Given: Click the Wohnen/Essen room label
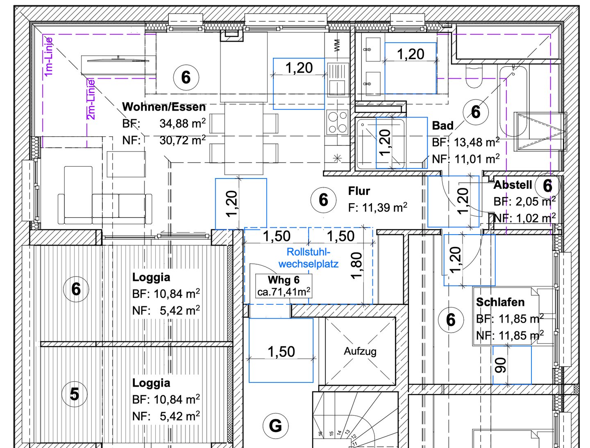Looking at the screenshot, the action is (164, 107).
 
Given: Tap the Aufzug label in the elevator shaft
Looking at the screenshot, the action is (360, 351).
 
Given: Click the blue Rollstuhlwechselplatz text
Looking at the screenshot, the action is (308, 258).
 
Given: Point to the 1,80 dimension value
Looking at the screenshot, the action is (357, 266).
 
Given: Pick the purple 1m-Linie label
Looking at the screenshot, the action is (49, 57).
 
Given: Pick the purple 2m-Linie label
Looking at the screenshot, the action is (91, 100).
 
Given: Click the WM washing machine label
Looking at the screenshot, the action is (337, 45).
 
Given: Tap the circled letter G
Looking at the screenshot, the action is (275, 426).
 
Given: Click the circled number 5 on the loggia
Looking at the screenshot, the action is (75, 394).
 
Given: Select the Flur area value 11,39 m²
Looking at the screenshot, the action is (378, 207).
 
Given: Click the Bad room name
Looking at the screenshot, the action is (442, 125).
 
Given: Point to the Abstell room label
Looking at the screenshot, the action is (513, 185).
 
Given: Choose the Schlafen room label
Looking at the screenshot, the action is (500, 302).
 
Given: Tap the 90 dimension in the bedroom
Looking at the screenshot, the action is (501, 365).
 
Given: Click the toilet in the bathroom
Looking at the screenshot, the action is (474, 77).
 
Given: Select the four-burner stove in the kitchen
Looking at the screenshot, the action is (338, 122).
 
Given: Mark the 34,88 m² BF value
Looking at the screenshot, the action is (183, 124).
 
